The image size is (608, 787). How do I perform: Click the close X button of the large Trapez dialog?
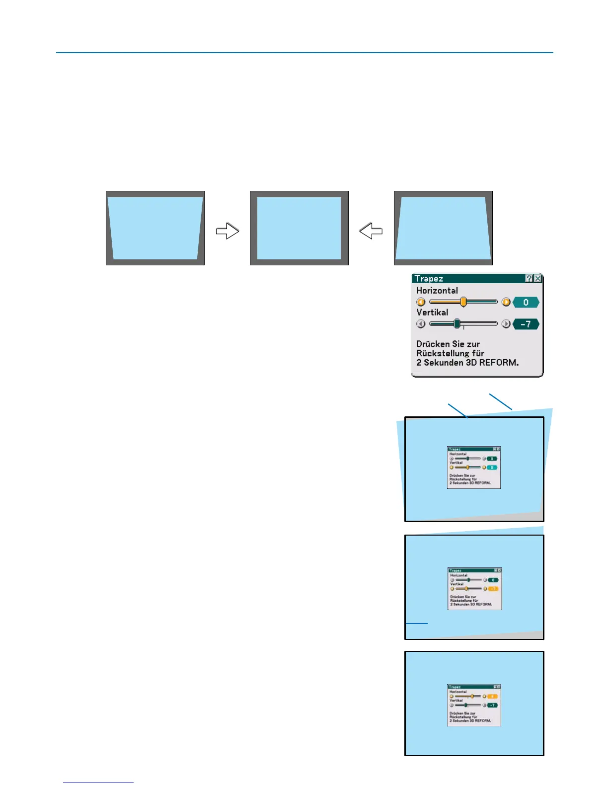click(537, 279)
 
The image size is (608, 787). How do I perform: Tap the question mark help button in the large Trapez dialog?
click(529, 279)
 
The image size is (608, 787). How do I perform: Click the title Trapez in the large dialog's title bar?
click(429, 279)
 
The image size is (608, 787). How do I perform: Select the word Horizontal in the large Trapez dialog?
click(437, 291)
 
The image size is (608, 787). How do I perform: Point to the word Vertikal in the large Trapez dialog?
click(432, 313)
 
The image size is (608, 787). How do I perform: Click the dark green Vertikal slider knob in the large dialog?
click(457, 324)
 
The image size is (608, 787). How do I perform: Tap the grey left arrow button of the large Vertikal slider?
click(421, 324)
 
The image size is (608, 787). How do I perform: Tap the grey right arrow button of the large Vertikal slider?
click(506, 324)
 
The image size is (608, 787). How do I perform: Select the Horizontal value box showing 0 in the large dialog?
click(526, 302)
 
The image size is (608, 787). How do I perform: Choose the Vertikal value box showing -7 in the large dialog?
click(526, 324)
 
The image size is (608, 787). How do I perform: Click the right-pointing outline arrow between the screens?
click(228, 231)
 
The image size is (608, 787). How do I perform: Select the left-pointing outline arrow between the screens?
click(371, 231)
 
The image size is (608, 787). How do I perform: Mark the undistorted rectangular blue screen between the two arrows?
click(299, 228)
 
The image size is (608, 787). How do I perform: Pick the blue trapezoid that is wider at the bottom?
click(443, 228)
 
